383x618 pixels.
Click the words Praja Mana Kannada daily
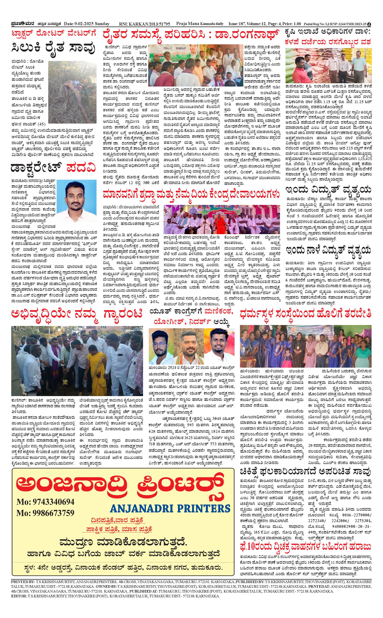point(200,24)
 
